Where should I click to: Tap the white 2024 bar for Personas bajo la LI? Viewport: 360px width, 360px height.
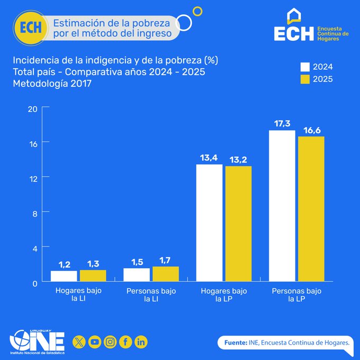point(137,275)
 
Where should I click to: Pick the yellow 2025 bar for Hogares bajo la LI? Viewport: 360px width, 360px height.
point(93,276)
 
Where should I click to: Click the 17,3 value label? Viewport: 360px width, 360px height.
point(282,123)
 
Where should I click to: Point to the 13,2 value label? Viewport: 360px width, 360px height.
point(238,160)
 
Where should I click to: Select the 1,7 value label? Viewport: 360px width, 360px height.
point(166,260)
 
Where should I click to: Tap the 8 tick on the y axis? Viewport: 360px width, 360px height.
point(32,213)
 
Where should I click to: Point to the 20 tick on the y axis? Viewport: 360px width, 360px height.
point(32,109)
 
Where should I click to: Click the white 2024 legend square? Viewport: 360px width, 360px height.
point(305,67)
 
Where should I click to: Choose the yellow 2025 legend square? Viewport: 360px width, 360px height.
point(305,79)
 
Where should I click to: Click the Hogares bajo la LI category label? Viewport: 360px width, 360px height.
point(78,295)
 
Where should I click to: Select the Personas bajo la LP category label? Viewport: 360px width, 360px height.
point(296,295)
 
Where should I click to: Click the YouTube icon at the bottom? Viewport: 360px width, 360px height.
point(95,342)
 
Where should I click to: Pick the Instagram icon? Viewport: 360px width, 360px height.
point(110,342)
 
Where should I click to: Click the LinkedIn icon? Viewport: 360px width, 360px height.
point(141,342)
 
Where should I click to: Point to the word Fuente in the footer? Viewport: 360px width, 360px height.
point(235,343)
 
